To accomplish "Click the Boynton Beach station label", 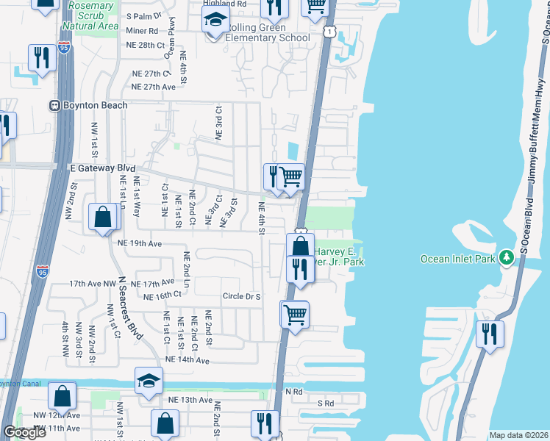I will [95, 105].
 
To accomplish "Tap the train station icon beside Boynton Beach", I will [54, 105].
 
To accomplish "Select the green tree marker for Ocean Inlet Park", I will [506, 258].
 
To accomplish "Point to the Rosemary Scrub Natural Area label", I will [91, 15].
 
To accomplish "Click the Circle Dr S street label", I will [242, 297].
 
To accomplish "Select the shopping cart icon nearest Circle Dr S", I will [295, 315].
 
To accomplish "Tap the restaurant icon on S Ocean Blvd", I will [489, 334].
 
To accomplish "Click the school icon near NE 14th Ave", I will [148, 381].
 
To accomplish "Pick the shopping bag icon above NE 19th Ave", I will [103, 217].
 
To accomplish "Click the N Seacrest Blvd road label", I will [132, 308].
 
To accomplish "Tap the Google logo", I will [24, 432].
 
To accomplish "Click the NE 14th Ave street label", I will [187, 360].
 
